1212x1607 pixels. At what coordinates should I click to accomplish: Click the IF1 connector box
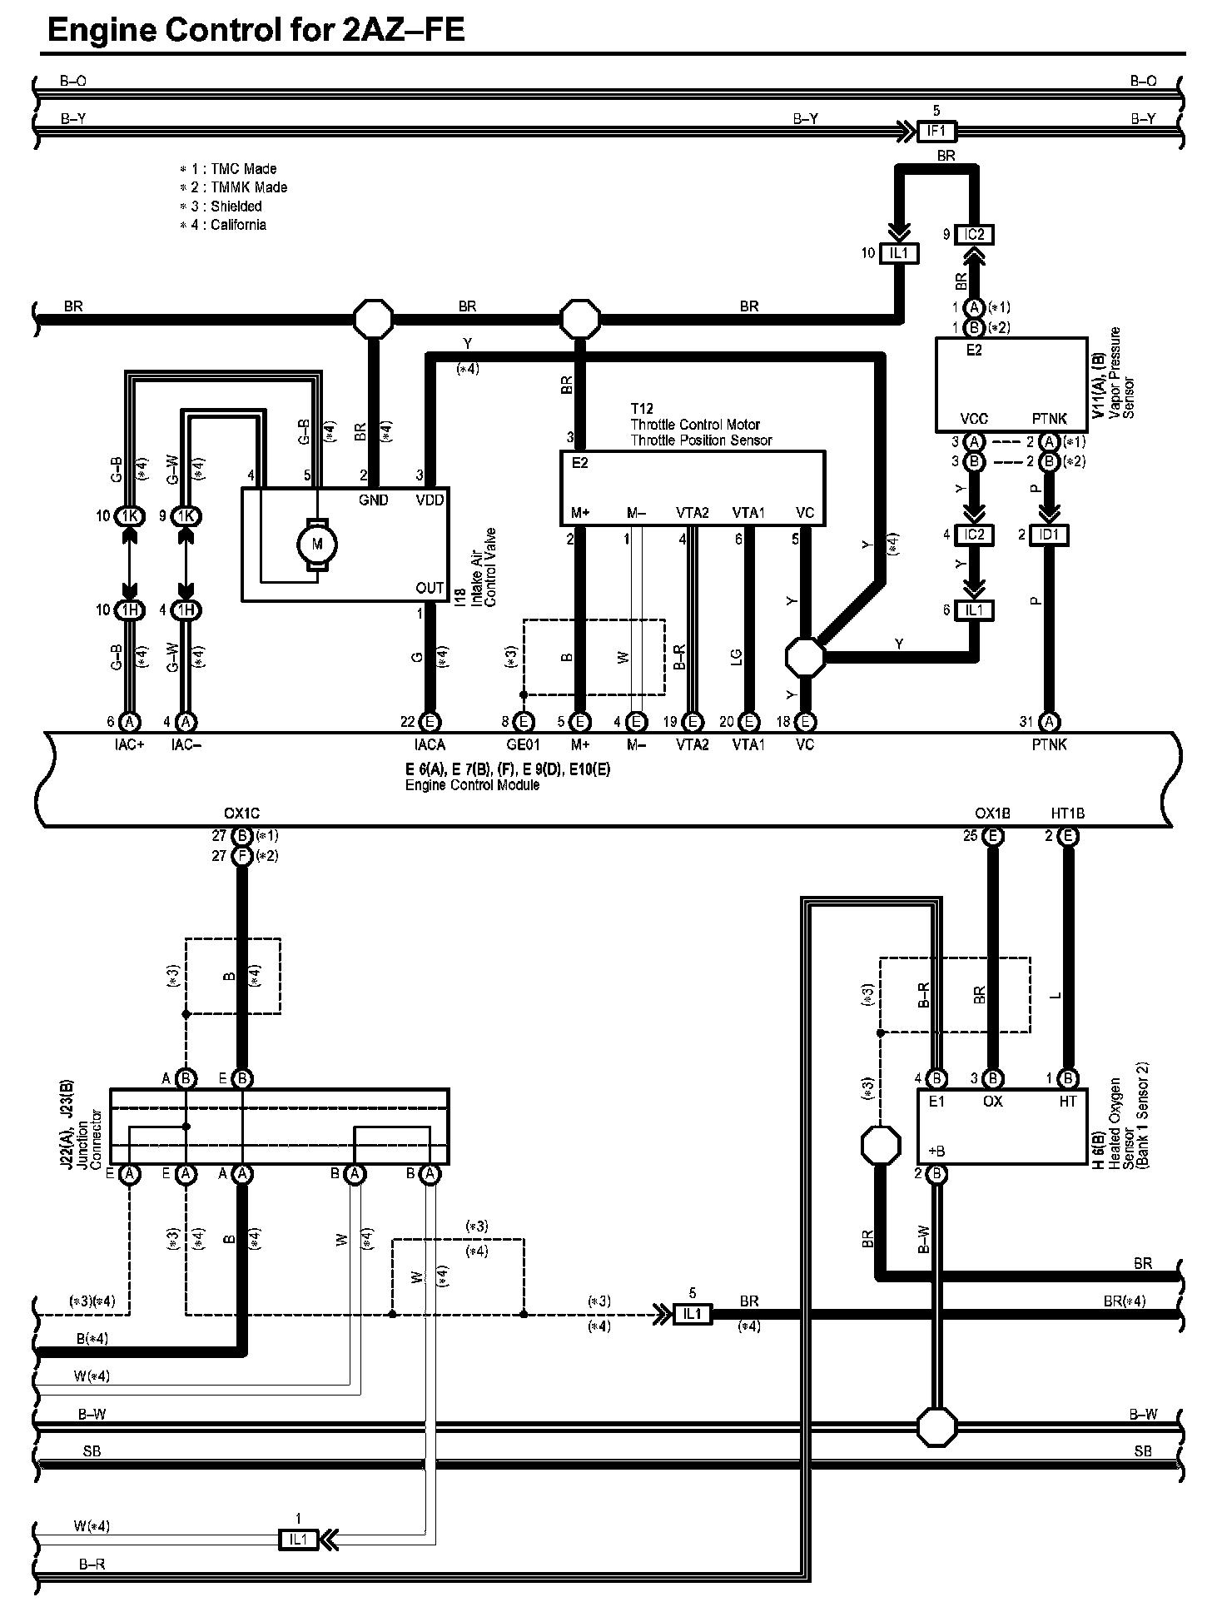936,131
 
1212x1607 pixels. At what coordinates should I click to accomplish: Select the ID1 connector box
1049,535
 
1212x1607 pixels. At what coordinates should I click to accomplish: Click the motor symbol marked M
316,545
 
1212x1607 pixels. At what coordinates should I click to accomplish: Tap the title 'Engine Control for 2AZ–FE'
256,30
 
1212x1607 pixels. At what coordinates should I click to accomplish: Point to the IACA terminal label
430,744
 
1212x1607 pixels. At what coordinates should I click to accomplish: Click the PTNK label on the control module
1049,744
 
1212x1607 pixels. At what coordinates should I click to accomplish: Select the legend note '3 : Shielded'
226,206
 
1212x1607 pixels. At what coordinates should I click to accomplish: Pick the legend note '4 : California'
229,225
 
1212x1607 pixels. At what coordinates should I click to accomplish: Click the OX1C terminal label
242,813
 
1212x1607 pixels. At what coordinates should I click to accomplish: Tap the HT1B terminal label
1068,813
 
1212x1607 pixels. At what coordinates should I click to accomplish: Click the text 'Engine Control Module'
472,784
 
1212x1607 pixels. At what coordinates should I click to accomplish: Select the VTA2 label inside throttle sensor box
692,513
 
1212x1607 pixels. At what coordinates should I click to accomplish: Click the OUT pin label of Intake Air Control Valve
430,588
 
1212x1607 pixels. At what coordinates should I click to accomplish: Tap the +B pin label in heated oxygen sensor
936,1152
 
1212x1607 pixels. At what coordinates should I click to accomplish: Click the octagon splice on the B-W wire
937,1426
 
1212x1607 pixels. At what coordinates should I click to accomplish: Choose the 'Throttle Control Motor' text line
695,425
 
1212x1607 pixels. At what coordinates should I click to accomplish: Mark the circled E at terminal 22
430,721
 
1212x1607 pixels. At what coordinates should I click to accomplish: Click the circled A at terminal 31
1050,721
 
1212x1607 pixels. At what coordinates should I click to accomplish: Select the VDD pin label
430,500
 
